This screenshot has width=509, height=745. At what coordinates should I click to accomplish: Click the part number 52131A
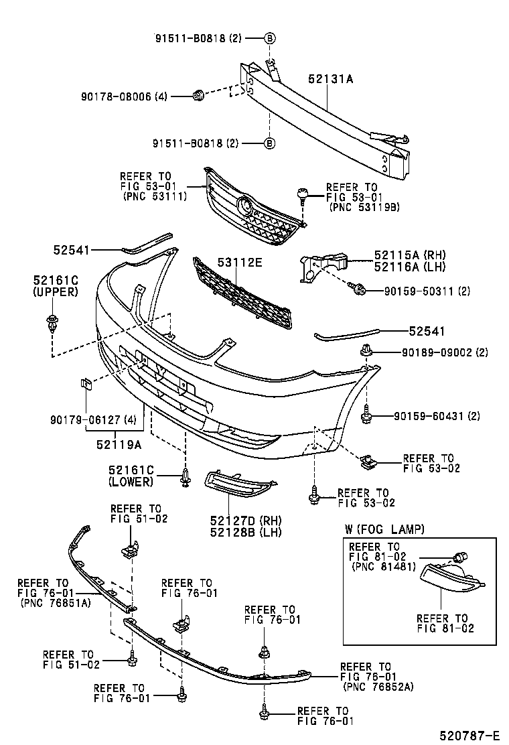tap(330, 79)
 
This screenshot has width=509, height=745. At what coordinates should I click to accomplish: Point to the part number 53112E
tap(238, 263)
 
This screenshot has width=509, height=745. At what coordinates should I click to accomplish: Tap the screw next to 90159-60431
tap(367, 415)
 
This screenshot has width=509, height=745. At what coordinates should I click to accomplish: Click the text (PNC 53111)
tap(155, 197)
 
